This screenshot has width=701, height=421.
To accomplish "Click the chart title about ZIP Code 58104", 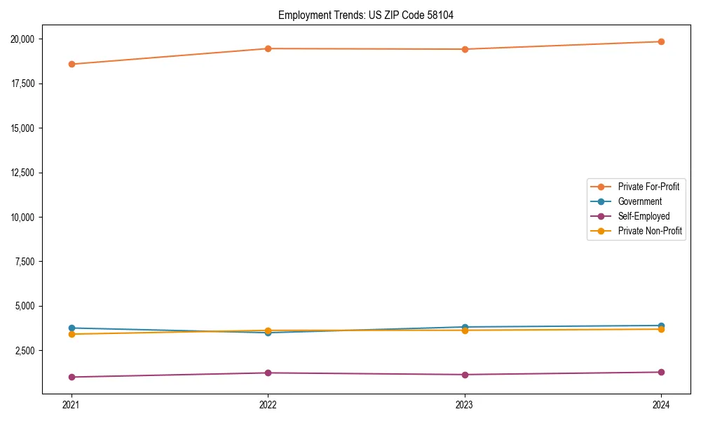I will tap(366, 15).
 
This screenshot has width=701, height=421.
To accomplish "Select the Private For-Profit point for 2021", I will tap(72, 64).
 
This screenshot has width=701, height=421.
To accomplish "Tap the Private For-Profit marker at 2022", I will tap(268, 48).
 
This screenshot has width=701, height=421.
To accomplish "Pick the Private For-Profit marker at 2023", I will tap(465, 49).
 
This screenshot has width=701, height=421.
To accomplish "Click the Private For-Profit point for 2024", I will tap(661, 41).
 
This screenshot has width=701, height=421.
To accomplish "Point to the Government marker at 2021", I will tap(72, 328).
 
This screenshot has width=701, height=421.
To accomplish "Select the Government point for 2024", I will tap(661, 326).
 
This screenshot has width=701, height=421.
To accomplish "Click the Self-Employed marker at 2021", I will tap(72, 377).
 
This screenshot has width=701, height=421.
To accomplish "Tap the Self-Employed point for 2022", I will tap(268, 373).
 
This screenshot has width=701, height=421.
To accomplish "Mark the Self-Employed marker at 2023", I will tap(465, 375).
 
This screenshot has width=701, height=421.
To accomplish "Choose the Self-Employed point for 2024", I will tap(661, 372).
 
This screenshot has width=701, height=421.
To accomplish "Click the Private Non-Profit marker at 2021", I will tap(72, 334).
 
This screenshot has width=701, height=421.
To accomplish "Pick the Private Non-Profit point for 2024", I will tap(661, 329).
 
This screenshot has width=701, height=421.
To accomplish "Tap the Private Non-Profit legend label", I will tap(650, 231).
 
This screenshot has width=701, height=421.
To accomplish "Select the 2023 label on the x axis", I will tap(465, 405).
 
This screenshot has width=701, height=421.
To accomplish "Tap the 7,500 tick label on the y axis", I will tap(30, 262).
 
